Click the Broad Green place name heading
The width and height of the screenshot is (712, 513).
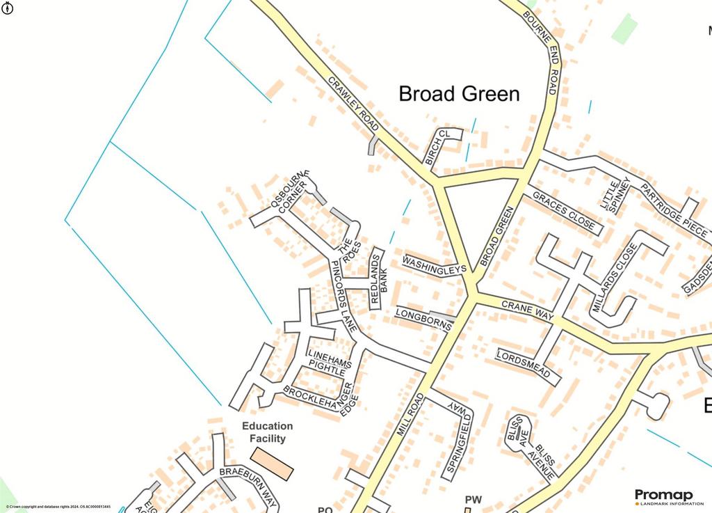click(x=459, y=94)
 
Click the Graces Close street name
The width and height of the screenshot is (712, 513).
click(x=563, y=210)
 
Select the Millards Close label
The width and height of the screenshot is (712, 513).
click(x=615, y=278)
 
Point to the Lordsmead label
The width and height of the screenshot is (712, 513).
click(x=528, y=365)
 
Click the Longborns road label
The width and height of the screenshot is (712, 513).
click(x=423, y=319)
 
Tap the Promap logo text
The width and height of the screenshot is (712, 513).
click(x=663, y=495)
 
